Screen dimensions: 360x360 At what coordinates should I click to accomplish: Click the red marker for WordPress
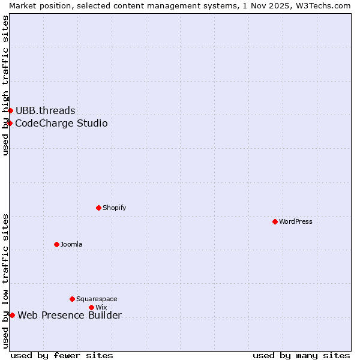pos(275,221)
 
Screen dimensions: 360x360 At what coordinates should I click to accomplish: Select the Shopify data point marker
pos(99,208)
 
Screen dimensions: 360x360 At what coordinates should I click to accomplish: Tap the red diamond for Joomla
pos(57,244)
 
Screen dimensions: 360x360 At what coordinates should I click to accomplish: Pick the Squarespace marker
pos(73,299)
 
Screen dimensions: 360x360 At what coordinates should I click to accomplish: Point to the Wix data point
pos(92,307)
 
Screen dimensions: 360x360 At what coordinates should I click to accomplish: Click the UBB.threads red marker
pos(10,110)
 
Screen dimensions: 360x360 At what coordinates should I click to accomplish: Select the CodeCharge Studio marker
pos(10,123)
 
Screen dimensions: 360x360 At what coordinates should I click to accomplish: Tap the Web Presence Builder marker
pos(12,315)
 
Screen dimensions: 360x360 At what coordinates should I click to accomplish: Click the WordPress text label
pos(296,221)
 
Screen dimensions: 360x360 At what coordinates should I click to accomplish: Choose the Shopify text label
pos(114,208)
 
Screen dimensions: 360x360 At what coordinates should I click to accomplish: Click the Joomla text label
pos(71,244)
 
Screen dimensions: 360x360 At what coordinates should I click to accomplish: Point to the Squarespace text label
pos(97,299)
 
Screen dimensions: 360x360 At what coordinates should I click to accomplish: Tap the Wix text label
pos(101,307)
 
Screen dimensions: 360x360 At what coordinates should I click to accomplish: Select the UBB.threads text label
pos(46,110)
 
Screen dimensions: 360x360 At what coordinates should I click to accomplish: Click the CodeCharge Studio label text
pos(61,123)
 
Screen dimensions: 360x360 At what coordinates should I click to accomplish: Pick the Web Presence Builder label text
pos(70,316)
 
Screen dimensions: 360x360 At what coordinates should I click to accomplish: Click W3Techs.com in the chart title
pos(326,5)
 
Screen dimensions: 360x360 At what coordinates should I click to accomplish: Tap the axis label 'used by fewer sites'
pos(62,355)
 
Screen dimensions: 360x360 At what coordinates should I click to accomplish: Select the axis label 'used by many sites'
pos(301,355)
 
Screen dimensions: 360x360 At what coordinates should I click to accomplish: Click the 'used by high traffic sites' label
pos(5,85)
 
